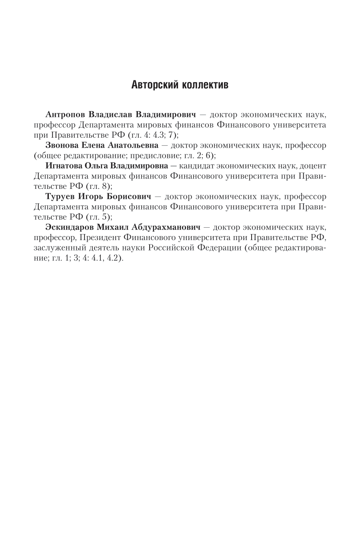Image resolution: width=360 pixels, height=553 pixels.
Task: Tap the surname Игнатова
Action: tap(65, 166)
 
